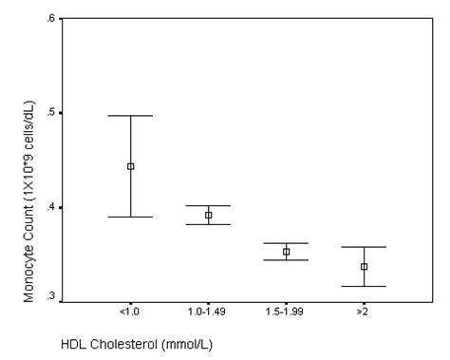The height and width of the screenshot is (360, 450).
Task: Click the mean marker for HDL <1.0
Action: (x=131, y=166)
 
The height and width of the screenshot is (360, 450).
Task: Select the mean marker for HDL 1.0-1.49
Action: (x=209, y=216)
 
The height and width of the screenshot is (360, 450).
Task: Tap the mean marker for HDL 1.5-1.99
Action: (x=286, y=252)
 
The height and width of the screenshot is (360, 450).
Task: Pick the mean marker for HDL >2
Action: (x=364, y=267)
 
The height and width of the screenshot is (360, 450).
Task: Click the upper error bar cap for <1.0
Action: (x=131, y=116)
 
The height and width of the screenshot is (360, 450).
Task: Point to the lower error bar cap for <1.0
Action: (x=131, y=217)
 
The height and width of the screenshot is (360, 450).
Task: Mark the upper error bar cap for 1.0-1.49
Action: (x=209, y=206)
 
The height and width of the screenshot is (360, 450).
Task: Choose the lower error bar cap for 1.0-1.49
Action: (x=209, y=225)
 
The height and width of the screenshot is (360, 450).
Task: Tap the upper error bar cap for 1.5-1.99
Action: (x=286, y=243)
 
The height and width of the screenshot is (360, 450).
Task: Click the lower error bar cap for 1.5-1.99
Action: (x=286, y=260)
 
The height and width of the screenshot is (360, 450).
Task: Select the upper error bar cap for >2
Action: (x=364, y=247)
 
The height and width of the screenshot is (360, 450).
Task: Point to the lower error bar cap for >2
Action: (x=364, y=286)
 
